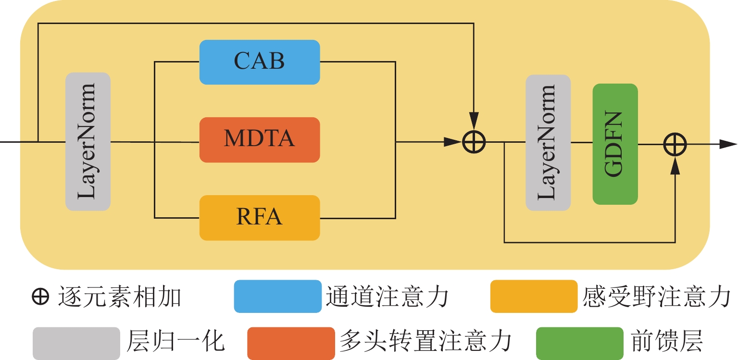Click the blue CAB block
click(260, 62)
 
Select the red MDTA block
click(260, 139)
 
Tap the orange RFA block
click(260, 217)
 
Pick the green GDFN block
click(615, 144)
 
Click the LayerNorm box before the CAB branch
click(88, 141)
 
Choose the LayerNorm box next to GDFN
click(548, 142)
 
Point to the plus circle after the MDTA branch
click(474, 142)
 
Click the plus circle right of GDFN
click(675, 144)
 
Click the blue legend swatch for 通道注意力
click(277, 296)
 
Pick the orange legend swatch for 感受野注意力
click(534, 296)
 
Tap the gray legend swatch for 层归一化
click(76, 343)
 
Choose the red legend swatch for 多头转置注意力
click(291, 343)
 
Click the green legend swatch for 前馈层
click(579, 343)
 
